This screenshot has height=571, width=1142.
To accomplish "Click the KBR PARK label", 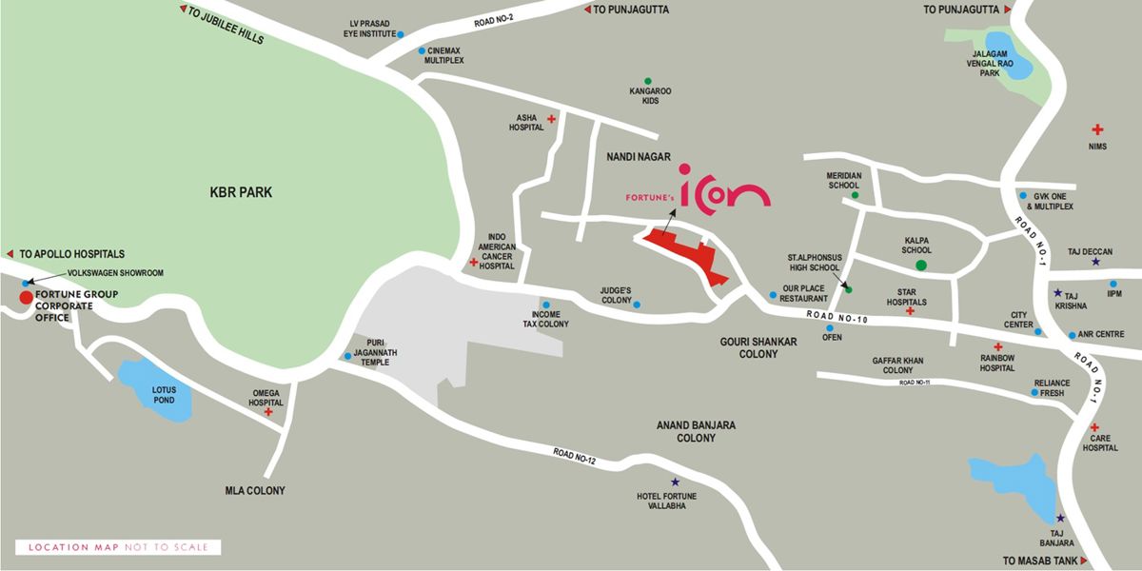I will point(241,192).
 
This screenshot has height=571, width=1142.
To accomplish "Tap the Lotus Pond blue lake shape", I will point(154,389).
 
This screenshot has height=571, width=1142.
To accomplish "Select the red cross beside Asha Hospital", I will point(551,118).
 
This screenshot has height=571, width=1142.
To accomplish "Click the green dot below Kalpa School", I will point(920,265).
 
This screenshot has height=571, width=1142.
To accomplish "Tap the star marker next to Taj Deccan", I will point(1096,262).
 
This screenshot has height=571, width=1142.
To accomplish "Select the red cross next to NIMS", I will point(1097,128).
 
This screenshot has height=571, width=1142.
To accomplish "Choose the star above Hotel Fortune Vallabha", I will point(675,482).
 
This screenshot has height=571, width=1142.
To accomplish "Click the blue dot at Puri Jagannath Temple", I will point(347,357).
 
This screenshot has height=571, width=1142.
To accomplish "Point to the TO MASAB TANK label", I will point(1040,561).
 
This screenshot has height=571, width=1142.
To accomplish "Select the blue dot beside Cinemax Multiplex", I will point(422,50).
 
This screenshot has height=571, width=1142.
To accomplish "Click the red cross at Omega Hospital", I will point(268,412).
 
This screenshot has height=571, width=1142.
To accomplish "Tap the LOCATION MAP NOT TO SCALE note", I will point(118,547).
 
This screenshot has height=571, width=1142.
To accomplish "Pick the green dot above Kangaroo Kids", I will point(648,81).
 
